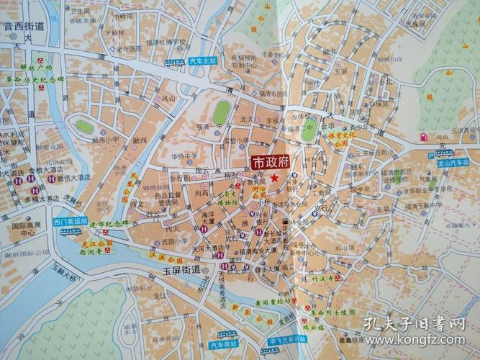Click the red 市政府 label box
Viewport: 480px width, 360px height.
[x=269, y=163]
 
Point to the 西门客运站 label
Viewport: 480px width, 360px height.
[x=71, y=221]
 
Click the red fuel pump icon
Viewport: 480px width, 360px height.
[x=422, y=136]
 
